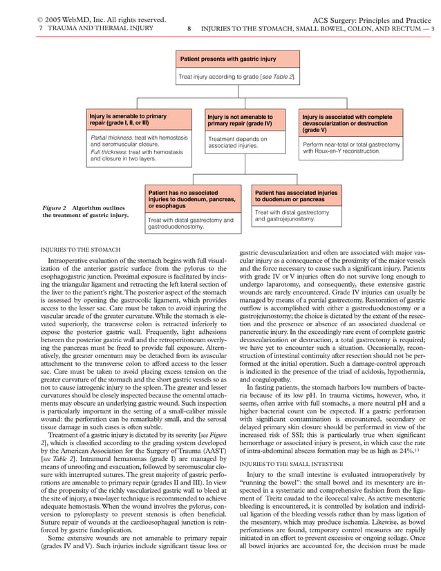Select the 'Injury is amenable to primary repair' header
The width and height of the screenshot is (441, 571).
point(128,120)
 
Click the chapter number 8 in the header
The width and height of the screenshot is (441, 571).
point(189,29)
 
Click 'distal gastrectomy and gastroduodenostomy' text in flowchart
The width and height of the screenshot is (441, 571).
point(191,223)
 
